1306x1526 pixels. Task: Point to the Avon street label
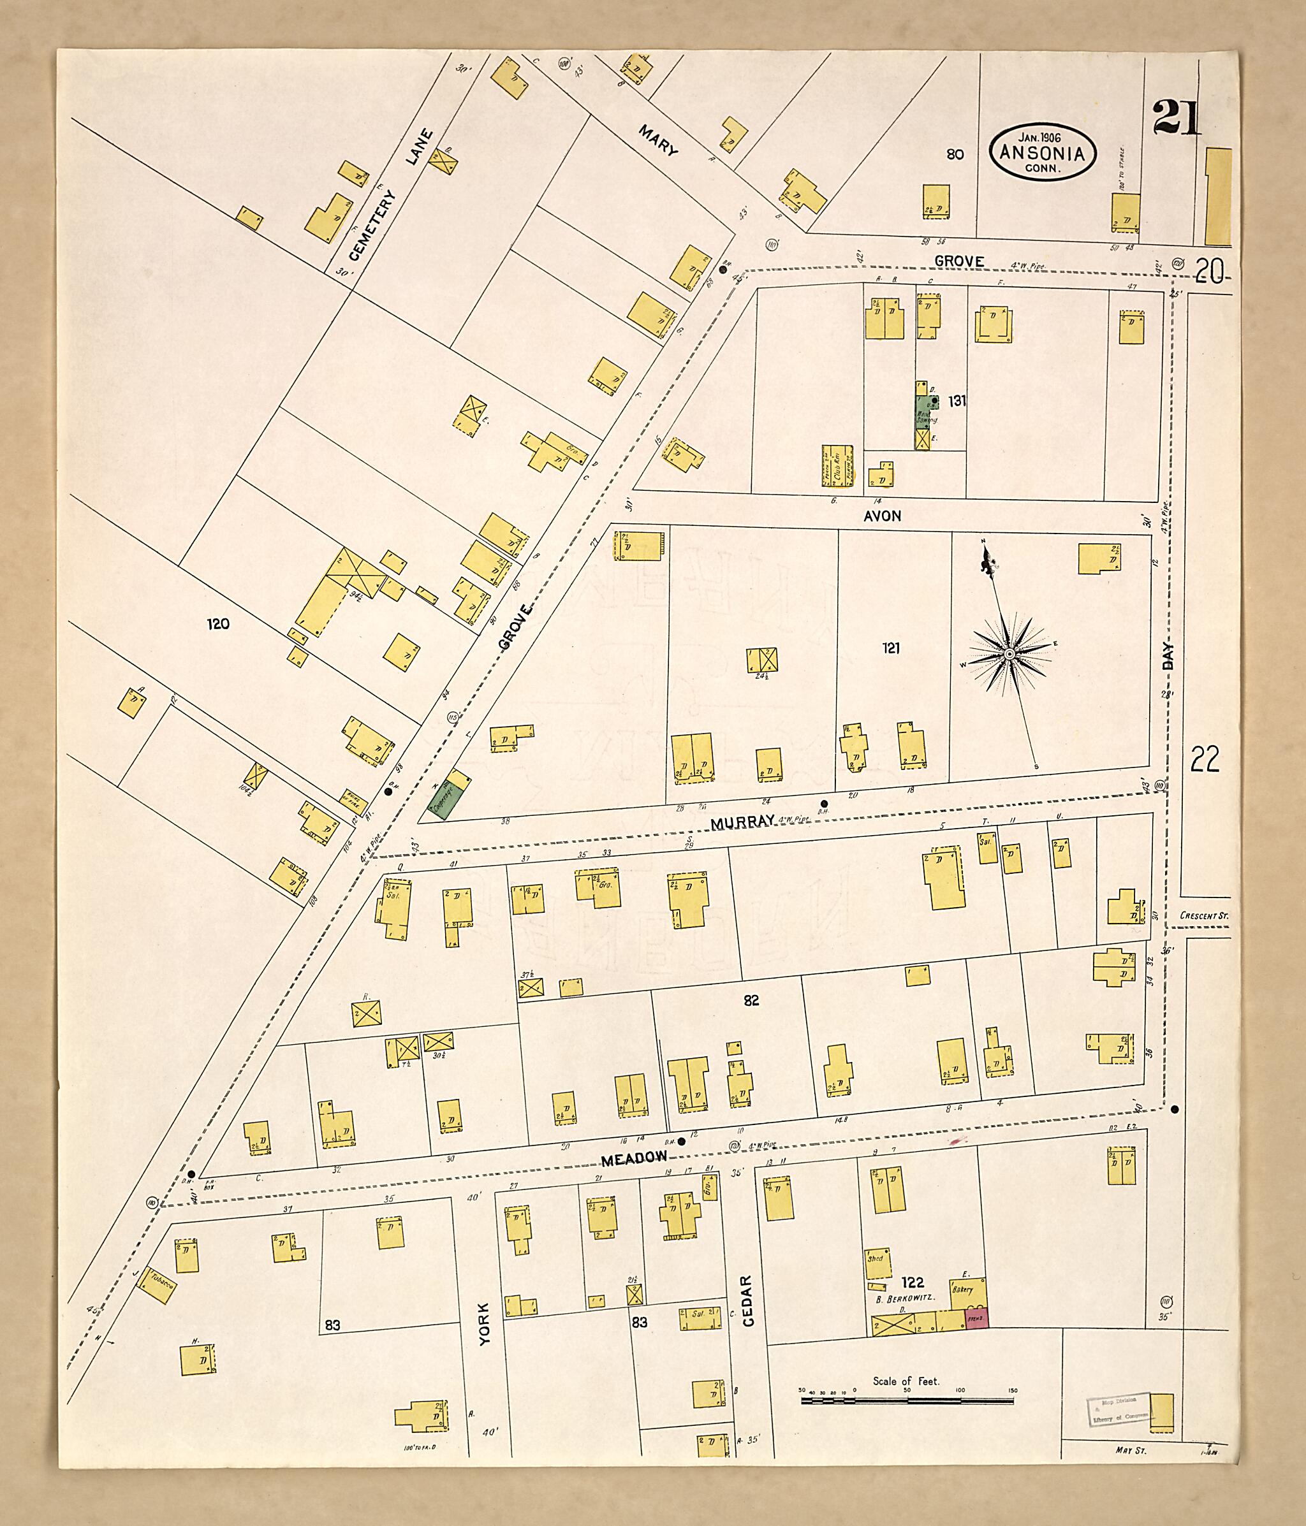tap(882, 516)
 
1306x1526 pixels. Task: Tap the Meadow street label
tap(635, 1159)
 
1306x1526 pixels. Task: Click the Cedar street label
tap(747, 1302)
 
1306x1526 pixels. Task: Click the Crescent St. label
tap(1203, 915)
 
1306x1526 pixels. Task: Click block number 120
tap(218, 624)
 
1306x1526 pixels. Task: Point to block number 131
tap(957, 401)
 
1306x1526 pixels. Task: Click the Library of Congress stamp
tap(1115, 1411)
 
